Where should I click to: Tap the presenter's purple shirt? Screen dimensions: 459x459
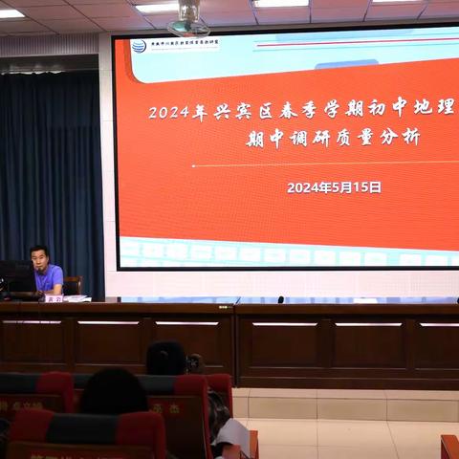(50, 280)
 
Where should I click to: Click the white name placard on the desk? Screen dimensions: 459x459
(53, 298)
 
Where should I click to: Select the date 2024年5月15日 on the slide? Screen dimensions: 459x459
(334, 187)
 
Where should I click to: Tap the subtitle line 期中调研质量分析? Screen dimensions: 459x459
(333, 138)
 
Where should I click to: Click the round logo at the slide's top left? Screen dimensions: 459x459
(139, 46)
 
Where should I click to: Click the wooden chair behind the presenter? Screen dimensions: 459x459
(74, 284)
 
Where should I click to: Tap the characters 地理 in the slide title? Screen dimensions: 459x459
(433, 107)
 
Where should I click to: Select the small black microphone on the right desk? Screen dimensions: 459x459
(280, 299)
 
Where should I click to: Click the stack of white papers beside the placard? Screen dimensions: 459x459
(77, 298)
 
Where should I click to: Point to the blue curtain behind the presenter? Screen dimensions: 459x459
(53, 163)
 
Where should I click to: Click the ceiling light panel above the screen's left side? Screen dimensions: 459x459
(156, 7)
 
